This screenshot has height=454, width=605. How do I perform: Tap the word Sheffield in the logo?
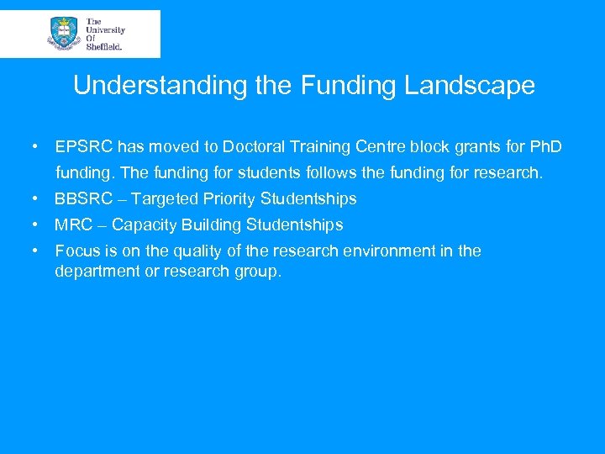click(103, 47)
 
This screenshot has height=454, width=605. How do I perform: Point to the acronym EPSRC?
click(84, 147)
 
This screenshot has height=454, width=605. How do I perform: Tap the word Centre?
click(382, 147)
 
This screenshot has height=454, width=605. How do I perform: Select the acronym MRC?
click(73, 225)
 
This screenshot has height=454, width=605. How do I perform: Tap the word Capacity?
click(144, 225)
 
